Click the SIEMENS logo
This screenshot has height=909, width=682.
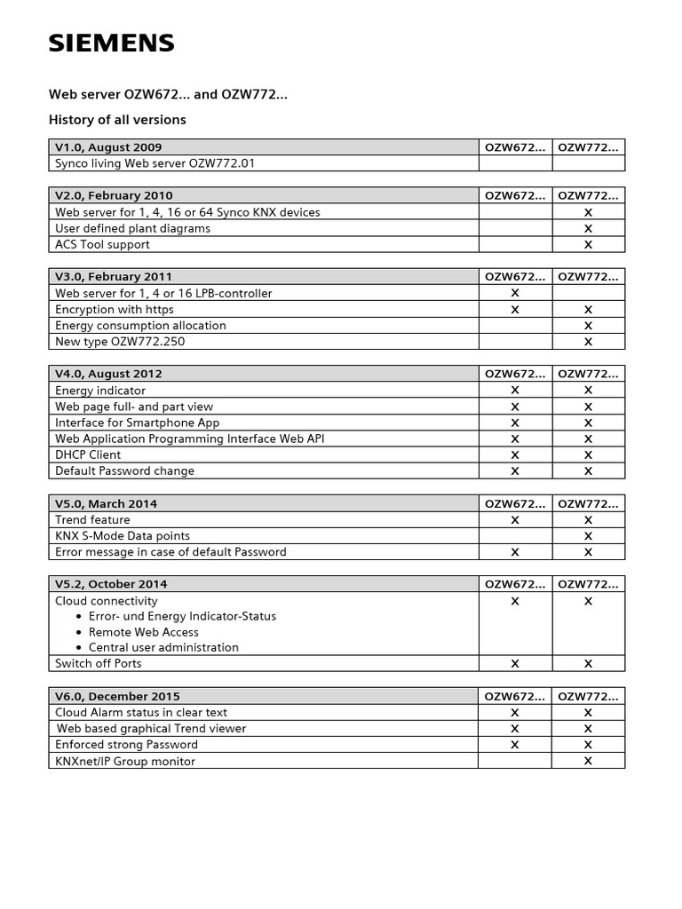point(111,43)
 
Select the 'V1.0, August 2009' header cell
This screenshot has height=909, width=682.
point(108,147)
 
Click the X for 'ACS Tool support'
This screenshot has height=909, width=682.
point(588,245)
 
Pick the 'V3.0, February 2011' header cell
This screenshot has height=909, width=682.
point(114,277)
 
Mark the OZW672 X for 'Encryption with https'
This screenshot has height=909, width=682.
point(515,310)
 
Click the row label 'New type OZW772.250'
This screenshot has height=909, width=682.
point(120,342)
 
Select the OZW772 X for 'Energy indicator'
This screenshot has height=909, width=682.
point(588,391)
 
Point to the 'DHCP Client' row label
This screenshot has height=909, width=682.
point(88,454)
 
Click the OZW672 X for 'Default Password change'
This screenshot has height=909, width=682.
point(515,471)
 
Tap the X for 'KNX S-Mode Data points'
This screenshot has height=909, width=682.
point(588,536)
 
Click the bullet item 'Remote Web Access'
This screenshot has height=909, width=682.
point(143,632)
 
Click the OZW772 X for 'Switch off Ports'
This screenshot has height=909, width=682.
point(588,664)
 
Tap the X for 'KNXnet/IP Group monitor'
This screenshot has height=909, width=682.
point(588,762)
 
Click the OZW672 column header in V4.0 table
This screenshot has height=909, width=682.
point(515,375)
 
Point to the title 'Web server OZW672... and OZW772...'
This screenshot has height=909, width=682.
point(167,94)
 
